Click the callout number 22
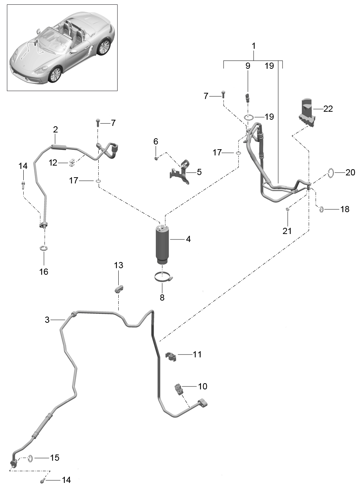[x=328, y=109]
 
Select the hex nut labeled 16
[x=44, y=248]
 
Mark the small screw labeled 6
[x=156, y=158]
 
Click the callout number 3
[x=47, y=320]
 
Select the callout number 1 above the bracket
[x=254, y=46]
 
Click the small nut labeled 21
[x=288, y=209]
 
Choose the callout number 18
[x=345, y=209]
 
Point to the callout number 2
[x=55, y=130]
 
